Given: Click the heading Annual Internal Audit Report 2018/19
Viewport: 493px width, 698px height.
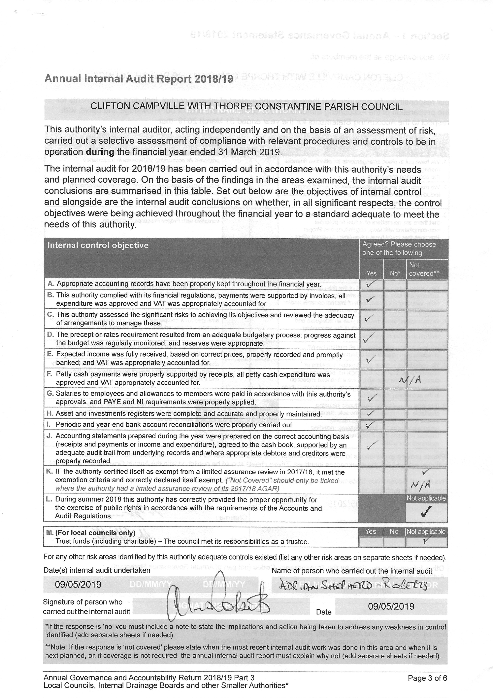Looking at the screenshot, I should pos(139,79).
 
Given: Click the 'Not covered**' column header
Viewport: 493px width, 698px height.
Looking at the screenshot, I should pos(423,269).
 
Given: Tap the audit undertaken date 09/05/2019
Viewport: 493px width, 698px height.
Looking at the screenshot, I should pos(78,584).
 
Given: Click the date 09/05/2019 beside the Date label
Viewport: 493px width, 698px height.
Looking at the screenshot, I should pos(391,606).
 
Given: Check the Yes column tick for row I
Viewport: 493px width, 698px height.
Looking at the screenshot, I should pos(370,424).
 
